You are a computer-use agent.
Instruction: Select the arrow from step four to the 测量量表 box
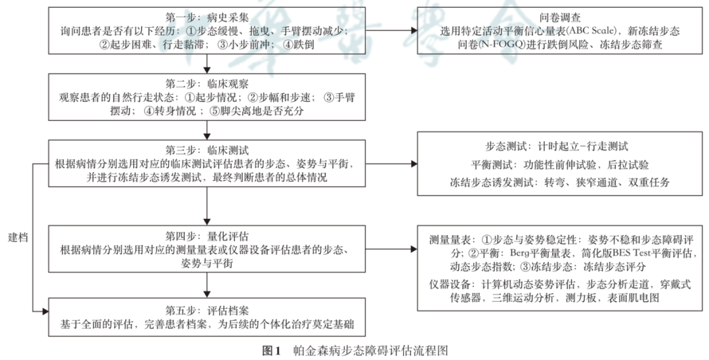393,250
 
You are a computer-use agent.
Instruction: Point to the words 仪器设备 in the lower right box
448,284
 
